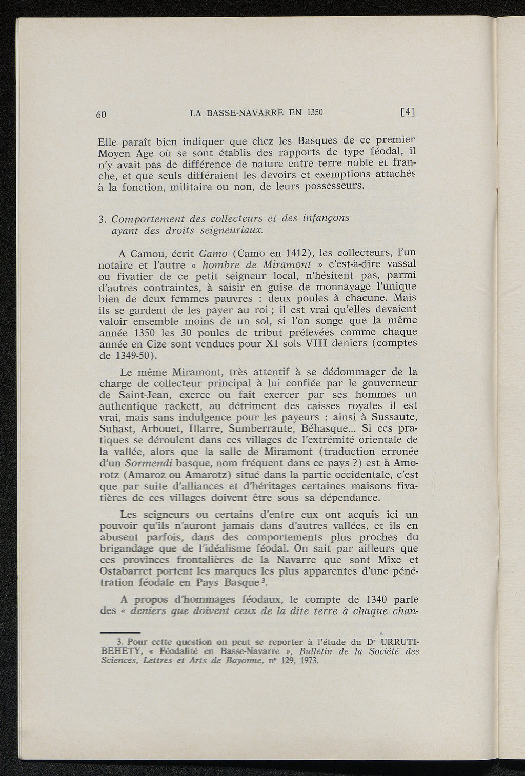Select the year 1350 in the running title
click(314, 112)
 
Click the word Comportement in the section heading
click(145, 219)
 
